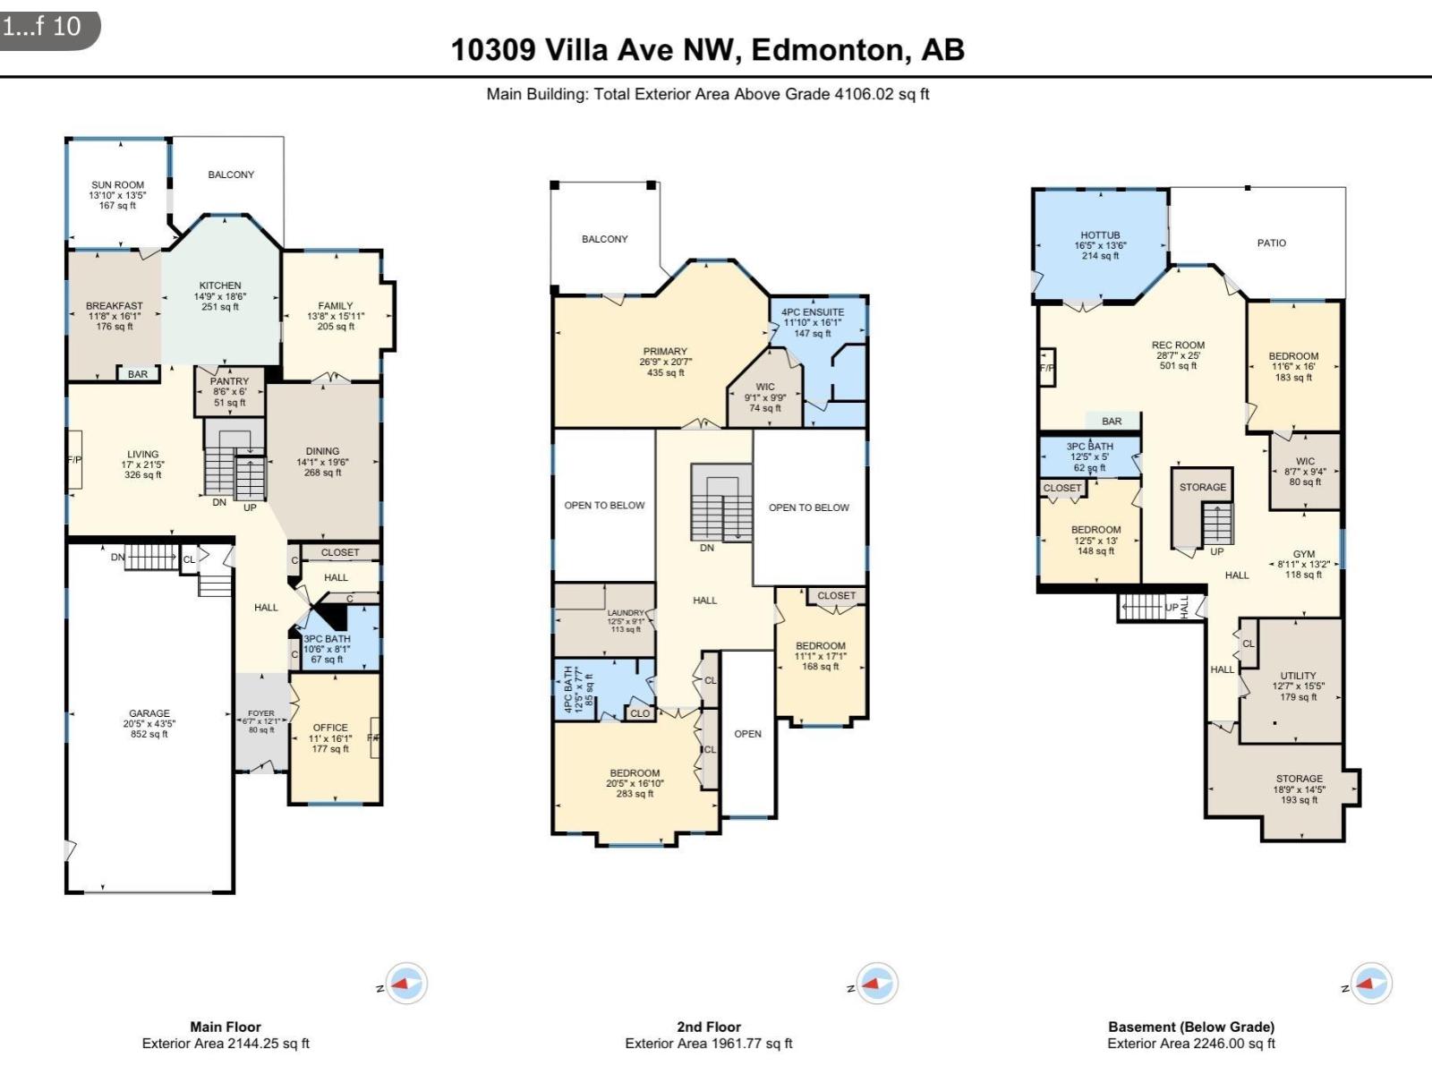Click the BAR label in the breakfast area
click(138, 373)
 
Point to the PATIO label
click(1271, 243)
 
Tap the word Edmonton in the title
click(828, 49)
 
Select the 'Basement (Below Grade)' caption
click(1190, 1027)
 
